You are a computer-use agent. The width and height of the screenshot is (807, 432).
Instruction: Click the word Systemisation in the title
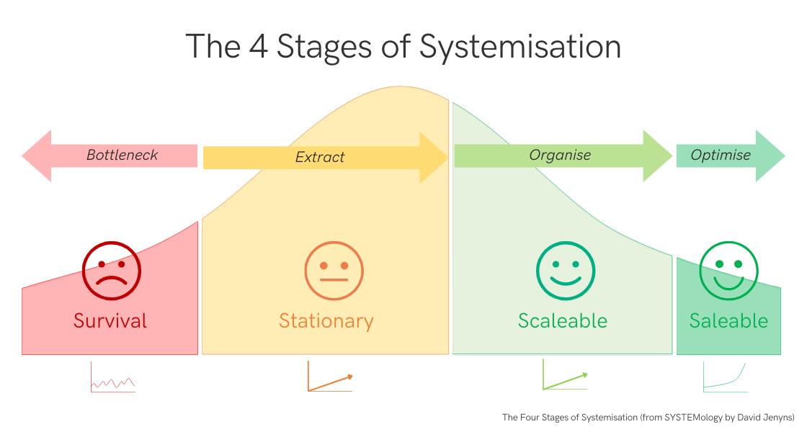(520, 47)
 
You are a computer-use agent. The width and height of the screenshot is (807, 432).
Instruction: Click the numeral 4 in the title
(257, 47)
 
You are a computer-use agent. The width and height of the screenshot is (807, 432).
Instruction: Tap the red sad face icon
(112, 271)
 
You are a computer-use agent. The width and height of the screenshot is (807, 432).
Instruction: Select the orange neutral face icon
(334, 271)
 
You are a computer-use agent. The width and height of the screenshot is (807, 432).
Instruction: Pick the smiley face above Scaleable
(566, 271)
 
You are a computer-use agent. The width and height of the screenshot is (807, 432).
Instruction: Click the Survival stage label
(110, 320)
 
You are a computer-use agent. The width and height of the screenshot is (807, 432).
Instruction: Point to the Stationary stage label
(326, 320)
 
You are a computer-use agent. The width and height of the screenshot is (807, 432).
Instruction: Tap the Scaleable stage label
(563, 320)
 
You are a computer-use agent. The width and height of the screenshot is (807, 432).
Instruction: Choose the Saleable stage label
(728, 320)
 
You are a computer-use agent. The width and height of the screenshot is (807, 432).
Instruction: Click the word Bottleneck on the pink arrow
(122, 155)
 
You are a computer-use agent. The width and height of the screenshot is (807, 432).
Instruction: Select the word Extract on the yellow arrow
(320, 157)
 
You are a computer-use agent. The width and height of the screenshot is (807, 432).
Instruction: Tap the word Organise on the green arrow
(560, 155)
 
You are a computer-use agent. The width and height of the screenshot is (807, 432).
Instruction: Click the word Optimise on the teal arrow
(721, 155)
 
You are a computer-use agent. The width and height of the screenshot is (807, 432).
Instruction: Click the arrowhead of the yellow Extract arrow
(434, 157)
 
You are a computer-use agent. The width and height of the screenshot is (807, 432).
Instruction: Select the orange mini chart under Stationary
(330, 378)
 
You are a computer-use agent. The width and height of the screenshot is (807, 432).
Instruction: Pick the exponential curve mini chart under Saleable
(725, 378)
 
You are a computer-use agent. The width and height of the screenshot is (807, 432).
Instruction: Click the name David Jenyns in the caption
(769, 417)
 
